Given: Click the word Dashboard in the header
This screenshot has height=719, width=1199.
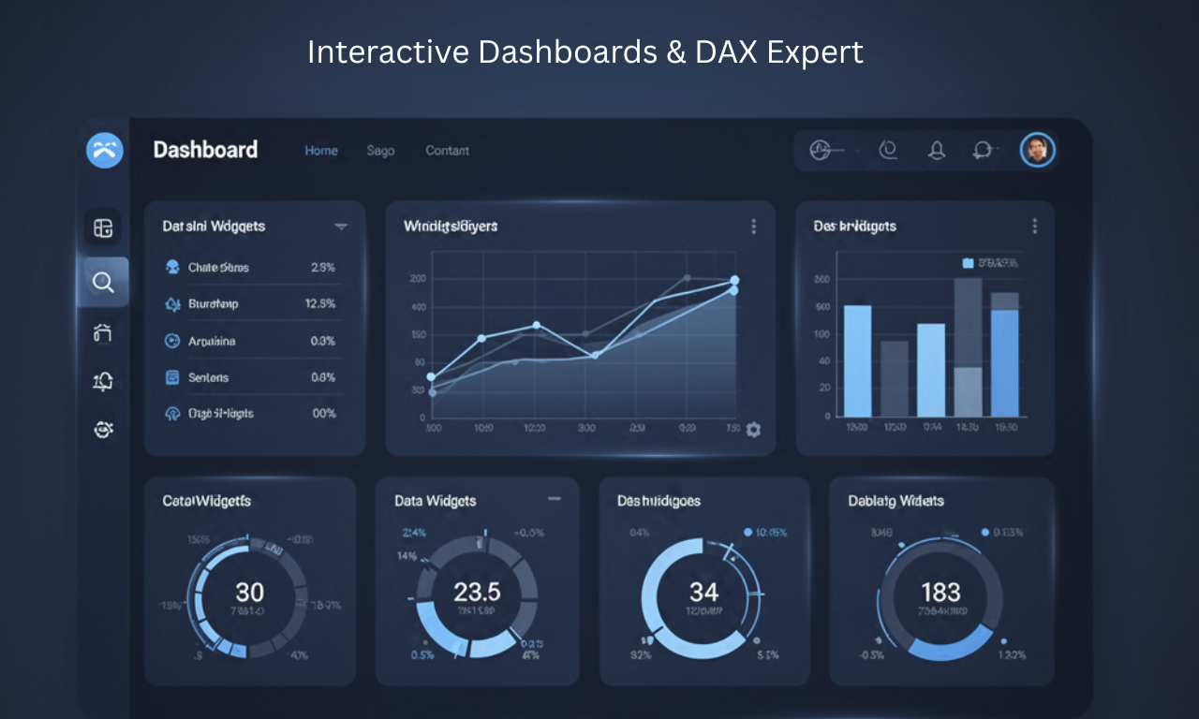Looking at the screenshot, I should click(205, 150).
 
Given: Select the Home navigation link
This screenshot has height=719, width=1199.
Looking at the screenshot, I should click(321, 151).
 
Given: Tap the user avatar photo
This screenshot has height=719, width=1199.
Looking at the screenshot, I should click(1037, 150).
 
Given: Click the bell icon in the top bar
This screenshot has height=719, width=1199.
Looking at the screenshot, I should click(936, 150).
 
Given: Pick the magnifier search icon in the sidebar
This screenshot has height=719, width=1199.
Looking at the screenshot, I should click(103, 282).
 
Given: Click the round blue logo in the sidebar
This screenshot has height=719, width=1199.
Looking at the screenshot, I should click(104, 150).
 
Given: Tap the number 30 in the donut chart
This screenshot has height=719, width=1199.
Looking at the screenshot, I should click(249, 592).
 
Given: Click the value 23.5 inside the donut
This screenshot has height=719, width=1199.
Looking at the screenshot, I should click(477, 592).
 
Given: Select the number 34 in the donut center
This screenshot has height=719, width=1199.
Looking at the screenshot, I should click(703, 592).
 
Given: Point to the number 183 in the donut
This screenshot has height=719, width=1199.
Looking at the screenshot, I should click(940, 592).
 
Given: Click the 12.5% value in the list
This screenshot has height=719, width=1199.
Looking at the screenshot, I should click(320, 304).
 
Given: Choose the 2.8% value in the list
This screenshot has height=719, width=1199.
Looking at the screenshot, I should click(322, 268).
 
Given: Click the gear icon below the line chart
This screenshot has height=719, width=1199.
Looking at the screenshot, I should click(753, 429).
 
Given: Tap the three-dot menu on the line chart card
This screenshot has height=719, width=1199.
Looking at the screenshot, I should click(753, 227).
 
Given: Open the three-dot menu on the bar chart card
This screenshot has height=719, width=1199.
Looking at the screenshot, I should click(1034, 227).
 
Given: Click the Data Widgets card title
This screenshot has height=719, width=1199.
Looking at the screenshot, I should click(435, 502).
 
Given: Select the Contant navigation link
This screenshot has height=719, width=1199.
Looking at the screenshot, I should click(447, 151).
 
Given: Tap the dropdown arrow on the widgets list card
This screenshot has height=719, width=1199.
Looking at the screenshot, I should click(341, 227).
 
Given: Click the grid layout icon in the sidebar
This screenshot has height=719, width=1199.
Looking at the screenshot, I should click(103, 227).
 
